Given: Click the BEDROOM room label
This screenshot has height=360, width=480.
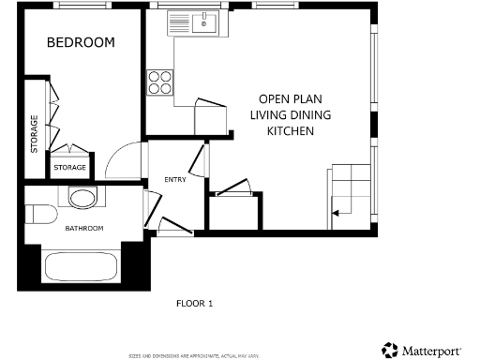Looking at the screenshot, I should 81,42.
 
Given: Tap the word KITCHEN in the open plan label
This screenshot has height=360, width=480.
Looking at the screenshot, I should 291,131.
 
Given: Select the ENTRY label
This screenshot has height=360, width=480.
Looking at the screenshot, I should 174,179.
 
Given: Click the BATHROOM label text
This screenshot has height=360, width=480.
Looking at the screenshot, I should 83,229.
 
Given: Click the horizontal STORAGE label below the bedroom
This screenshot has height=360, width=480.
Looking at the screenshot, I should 69,168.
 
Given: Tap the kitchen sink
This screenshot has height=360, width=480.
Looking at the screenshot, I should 201,22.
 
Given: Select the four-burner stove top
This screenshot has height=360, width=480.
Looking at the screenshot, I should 159,82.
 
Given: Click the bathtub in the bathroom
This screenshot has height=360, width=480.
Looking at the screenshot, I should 80,266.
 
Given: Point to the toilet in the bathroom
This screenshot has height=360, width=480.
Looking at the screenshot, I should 82,197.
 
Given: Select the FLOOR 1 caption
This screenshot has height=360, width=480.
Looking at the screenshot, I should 195,303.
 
